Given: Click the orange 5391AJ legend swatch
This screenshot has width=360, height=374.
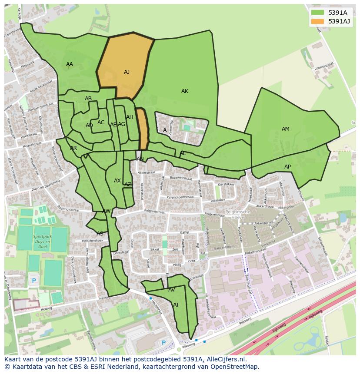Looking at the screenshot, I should coord(317,21).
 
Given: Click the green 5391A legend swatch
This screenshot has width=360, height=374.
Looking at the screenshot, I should coord(317,13).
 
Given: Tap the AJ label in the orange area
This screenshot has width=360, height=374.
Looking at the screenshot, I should coord(127,72).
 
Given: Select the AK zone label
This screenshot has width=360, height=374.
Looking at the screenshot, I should coord(185,91).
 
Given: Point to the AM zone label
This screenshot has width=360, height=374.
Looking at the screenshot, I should coord(285,129).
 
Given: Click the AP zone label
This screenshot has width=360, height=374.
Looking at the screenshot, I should coord(287,167).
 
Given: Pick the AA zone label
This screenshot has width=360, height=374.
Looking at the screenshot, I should coord(70,64).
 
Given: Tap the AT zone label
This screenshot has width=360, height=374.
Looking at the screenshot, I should coord(176,305).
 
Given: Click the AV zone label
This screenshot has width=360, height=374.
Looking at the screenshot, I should coord(171,290).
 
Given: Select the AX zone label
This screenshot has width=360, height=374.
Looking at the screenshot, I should coord(117,181).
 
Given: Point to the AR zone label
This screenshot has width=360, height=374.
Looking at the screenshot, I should coord(73,148).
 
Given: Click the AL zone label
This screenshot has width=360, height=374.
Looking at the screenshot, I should coord(183,153).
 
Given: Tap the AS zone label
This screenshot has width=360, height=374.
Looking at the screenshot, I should coord(100,234).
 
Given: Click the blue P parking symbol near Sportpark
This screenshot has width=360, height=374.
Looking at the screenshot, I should coord(34,281).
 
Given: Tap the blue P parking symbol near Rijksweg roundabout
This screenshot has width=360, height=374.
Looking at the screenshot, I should coord(163,343).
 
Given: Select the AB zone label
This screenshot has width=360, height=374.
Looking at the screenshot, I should coord(88,99).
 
